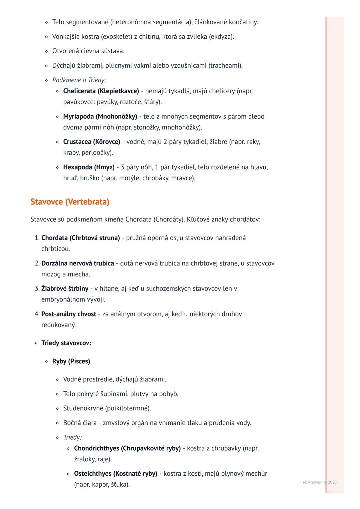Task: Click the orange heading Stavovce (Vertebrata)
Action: pyautogui.click(x=70, y=202)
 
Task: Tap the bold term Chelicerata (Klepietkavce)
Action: pyautogui.click(x=101, y=91)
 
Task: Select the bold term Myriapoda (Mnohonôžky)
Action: pyautogui.click(x=100, y=117)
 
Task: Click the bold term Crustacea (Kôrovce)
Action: pyautogui.click(x=92, y=142)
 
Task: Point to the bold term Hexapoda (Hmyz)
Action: pyautogui.click(x=89, y=167)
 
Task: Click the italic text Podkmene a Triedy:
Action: pyautogui.click(x=79, y=80)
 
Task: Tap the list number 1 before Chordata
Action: pyautogui.click(x=37, y=238)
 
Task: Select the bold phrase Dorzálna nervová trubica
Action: pyautogui.click(x=78, y=263)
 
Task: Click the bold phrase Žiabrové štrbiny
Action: pyautogui.click(x=65, y=288)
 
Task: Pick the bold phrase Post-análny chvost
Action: pyautogui.click(x=69, y=314)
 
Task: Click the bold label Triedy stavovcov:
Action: pyautogui.click(x=66, y=343)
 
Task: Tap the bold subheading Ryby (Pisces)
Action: pyautogui.click(x=71, y=361)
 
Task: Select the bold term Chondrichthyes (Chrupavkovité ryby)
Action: pyautogui.click(x=127, y=448)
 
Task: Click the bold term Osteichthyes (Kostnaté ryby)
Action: pyautogui.click(x=116, y=474)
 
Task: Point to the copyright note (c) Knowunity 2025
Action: pyautogui.click(x=320, y=482)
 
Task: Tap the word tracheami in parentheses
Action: pyautogui.click(x=225, y=66)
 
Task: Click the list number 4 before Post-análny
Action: pyautogui.click(x=37, y=314)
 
